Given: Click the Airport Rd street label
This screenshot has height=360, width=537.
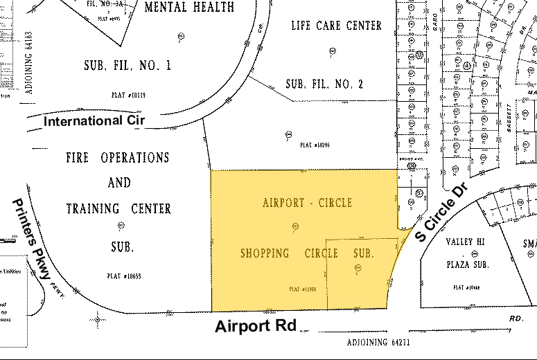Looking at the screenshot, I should (x=255, y=327).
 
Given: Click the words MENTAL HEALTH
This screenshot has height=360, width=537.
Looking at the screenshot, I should (x=189, y=7).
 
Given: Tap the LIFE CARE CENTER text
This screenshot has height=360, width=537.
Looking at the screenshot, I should (x=337, y=26).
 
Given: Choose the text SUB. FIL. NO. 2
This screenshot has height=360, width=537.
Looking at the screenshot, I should (x=324, y=84).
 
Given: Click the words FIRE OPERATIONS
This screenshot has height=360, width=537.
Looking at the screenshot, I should (x=118, y=157).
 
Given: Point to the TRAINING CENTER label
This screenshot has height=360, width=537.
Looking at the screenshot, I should (x=118, y=208).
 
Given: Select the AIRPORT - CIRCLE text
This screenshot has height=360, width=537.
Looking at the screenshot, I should (x=307, y=203).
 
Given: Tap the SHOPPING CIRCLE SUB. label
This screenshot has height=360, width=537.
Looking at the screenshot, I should (x=307, y=253).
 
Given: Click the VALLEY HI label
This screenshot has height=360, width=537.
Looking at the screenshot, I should (x=469, y=242).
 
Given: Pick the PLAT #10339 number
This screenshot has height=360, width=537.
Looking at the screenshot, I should (x=127, y=94).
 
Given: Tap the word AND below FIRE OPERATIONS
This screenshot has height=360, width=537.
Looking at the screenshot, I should (x=118, y=183).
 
